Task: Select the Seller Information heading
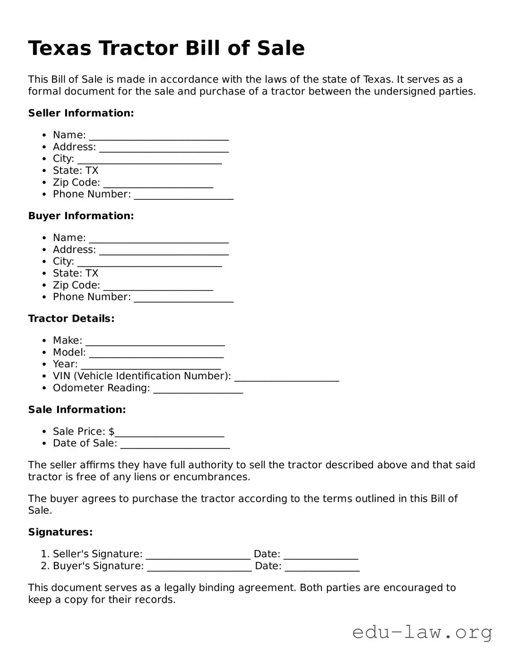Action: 81,113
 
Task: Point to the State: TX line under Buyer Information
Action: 76,273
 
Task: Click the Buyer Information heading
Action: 81,216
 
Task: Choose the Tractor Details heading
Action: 71,319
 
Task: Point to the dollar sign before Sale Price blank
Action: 112,432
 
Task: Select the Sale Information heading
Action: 77,410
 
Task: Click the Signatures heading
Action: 60,532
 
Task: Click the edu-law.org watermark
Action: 422,632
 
